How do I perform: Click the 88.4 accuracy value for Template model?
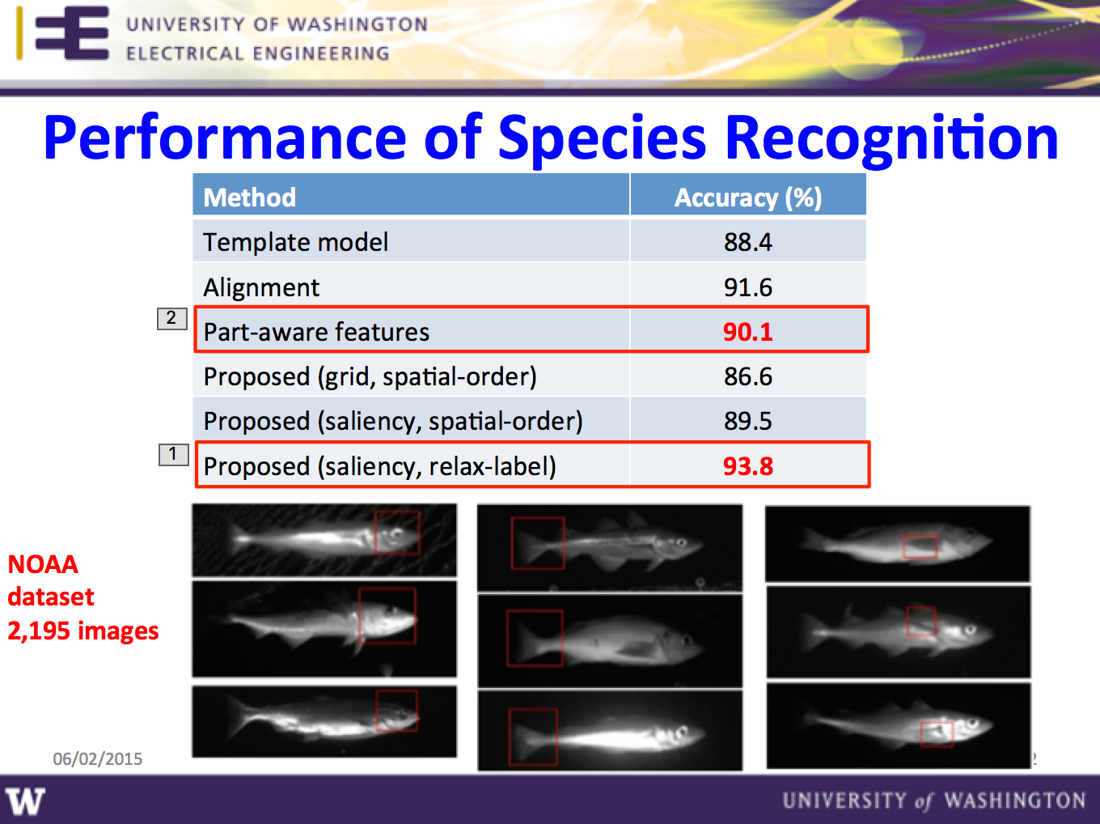[x=747, y=242]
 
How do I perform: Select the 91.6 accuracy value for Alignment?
[x=747, y=287]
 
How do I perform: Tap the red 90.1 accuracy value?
[x=747, y=332]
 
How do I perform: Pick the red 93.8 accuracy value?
[x=747, y=466]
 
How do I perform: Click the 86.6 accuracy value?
[x=747, y=376]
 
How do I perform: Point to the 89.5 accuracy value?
[x=747, y=421]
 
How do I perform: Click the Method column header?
[x=250, y=198]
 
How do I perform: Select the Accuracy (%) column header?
[x=747, y=198]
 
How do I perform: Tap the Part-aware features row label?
[x=316, y=332]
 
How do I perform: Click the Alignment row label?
[x=261, y=288]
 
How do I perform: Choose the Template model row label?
[x=296, y=242]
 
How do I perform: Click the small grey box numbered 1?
[x=173, y=455]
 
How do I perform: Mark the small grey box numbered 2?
[x=172, y=318]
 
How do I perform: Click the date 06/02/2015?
[x=98, y=758]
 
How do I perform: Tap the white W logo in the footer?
[x=25, y=801]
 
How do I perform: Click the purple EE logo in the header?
[x=72, y=33]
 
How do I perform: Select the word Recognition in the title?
[x=891, y=138]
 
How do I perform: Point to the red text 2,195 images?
[x=83, y=631]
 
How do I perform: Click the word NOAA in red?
[x=43, y=565]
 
